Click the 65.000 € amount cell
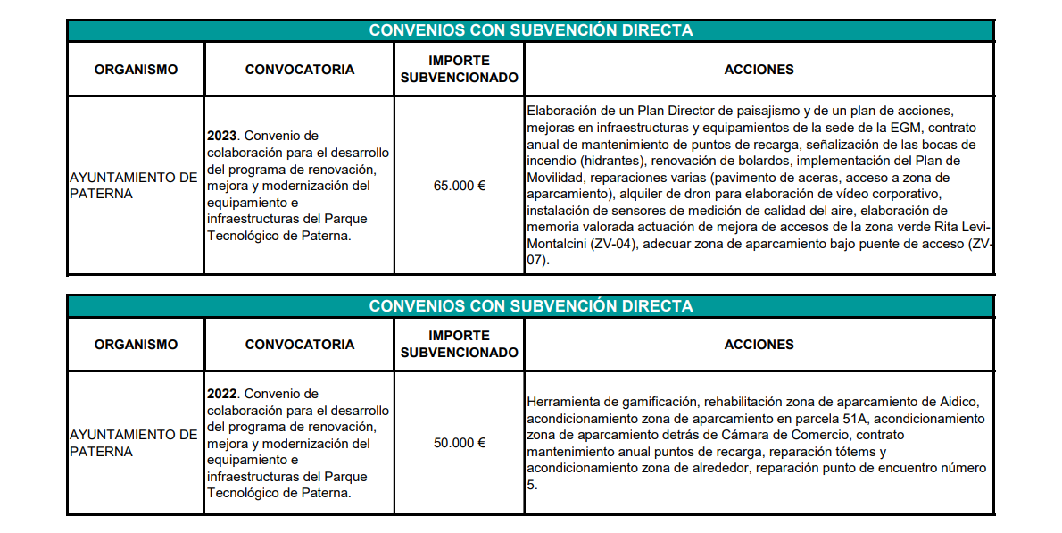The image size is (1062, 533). [459, 186]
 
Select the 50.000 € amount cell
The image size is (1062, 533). [459, 443]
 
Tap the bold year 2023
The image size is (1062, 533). [222, 136]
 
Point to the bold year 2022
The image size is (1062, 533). [222, 394]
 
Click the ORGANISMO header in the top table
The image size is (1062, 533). [136, 70]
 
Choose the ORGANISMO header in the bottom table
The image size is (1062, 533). [136, 345]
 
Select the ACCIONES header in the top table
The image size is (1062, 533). [759, 70]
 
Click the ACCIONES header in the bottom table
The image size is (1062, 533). [759, 345]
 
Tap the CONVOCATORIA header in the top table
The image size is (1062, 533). [299, 70]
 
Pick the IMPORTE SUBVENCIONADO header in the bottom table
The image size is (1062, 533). [459, 345]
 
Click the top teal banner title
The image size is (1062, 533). [531, 30]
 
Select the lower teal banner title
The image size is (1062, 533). [531, 306]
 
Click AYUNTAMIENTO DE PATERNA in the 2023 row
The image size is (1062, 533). [133, 186]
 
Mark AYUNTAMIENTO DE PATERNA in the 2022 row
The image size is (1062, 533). [133, 443]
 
